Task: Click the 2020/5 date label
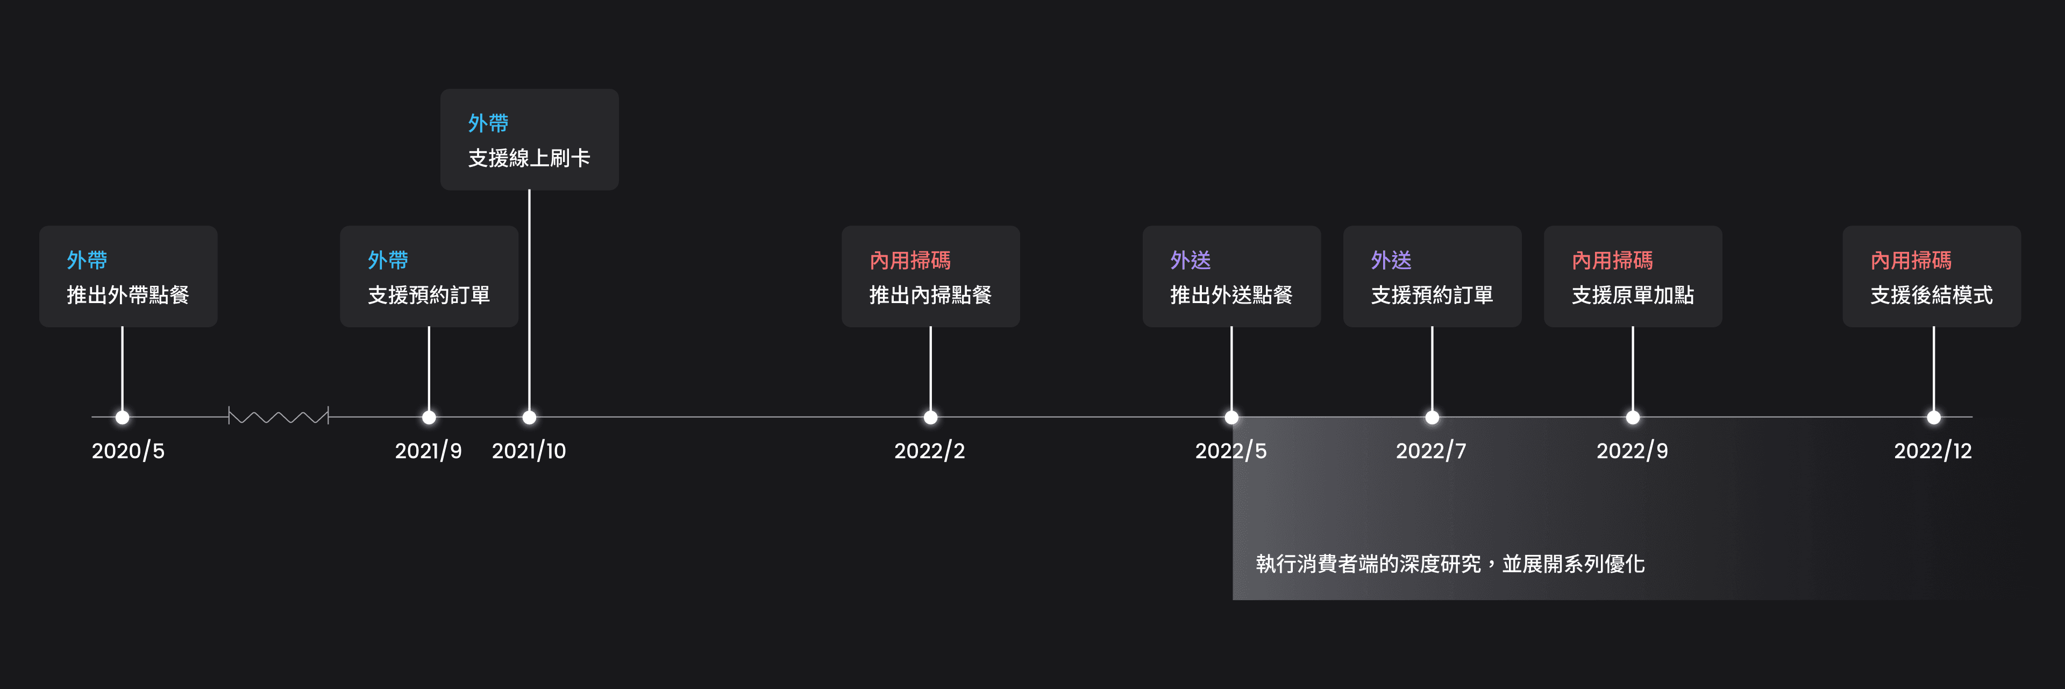click(x=129, y=451)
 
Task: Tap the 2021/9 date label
click(x=428, y=451)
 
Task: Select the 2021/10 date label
click(x=529, y=451)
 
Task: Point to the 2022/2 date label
click(x=930, y=451)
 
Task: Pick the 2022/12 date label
click(x=1933, y=451)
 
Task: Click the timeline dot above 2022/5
click(x=1231, y=417)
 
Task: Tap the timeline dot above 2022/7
click(x=1432, y=417)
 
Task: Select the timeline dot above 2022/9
click(x=1632, y=417)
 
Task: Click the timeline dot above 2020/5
click(x=122, y=417)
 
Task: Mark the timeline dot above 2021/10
click(x=529, y=417)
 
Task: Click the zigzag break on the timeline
click(x=278, y=416)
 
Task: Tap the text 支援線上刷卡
click(x=529, y=158)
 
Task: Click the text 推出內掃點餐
click(x=930, y=295)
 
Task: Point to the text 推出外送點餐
click(x=1231, y=295)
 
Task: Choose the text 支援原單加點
click(x=1633, y=295)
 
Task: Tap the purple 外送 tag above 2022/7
click(x=1391, y=260)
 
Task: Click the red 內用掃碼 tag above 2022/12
click(x=1911, y=260)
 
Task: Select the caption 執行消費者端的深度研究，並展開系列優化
click(x=1450, y=564)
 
